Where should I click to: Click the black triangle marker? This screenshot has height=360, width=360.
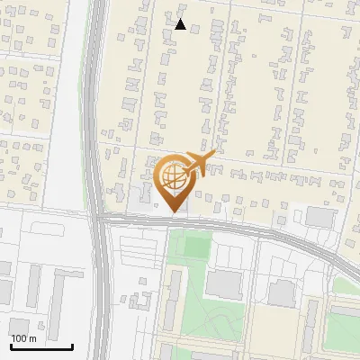[x=180, y=24]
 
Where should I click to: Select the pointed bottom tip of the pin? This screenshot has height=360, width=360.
[x=175, y=211]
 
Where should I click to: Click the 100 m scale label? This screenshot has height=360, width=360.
[x=23, y=338]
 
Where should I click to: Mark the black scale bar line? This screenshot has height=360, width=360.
[x=41, y=346]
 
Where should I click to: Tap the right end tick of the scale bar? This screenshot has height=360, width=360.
[x=72, y=345]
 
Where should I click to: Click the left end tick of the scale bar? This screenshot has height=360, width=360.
[x=11, y=345]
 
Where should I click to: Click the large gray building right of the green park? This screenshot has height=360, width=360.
[x=224, y=283]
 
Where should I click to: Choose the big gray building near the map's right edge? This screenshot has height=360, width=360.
[x=319, y=217]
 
